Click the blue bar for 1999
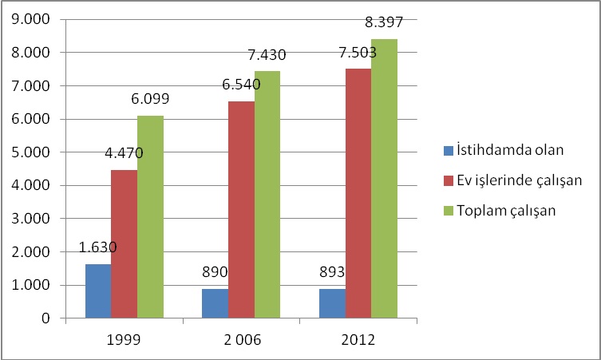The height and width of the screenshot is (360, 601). (98, 291)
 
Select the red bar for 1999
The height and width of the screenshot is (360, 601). (125, 243)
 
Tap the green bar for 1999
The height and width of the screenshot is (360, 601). (151, 217)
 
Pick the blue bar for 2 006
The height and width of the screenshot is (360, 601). (215, 303)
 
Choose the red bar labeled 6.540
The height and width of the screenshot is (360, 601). (242, 210)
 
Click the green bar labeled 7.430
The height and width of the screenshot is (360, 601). (267, 195)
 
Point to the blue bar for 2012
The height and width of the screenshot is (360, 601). (332, 303)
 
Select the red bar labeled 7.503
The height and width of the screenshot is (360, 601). (358, 194)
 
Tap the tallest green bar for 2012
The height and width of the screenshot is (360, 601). (384, 179)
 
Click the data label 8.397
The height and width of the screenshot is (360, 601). (384, 22)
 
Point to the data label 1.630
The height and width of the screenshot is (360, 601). (97, 247)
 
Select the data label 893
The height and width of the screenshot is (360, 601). (332, 272)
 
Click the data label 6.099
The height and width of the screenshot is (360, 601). (150, 99)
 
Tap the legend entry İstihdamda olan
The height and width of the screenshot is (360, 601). (504, 150)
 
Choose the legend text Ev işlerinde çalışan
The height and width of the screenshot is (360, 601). (520, 180)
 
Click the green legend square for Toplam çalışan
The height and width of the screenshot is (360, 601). (449, 211)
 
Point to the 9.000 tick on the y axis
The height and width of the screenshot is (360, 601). (31, 19)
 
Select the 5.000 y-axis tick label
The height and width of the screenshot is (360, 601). (31, 152)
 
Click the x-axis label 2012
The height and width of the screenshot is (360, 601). (358, 340)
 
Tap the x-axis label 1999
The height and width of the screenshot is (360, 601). (124, 340)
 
